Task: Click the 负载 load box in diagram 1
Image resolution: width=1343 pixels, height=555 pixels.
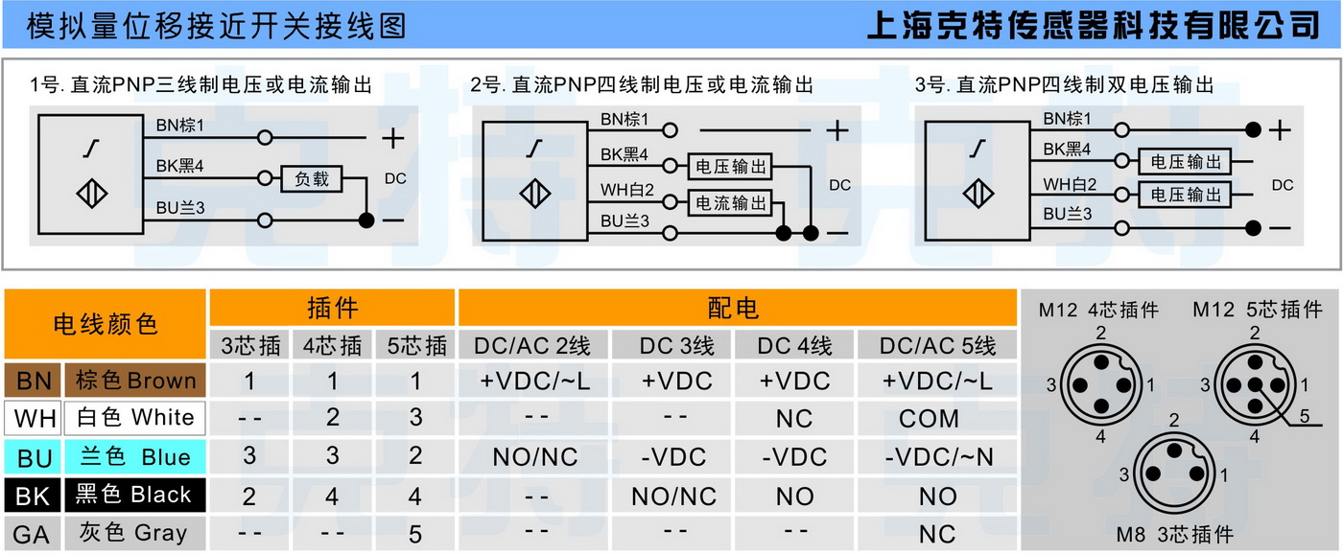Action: click(311, 178)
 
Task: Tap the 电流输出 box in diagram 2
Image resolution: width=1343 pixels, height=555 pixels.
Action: click(731, 202)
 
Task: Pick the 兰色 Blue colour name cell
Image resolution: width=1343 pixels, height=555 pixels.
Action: click(134, 457)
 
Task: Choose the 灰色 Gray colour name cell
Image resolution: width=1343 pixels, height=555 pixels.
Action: click(134, 533)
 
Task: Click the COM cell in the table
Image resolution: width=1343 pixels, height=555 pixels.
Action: click(929, 419)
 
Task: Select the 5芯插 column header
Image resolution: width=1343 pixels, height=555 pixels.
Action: click(413, 345)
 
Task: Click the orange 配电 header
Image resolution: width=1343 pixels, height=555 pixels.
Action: click(735, 308)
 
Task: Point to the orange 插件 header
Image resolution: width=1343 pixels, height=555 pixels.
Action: click(332, 308)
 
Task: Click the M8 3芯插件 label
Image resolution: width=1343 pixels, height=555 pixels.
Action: click(1174, 534)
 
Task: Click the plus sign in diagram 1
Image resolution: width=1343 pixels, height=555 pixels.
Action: click(393, 138)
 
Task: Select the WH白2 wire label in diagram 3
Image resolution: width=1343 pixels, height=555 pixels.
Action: click(1068, 185)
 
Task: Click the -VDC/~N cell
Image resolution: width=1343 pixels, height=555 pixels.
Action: click(937, 457)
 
